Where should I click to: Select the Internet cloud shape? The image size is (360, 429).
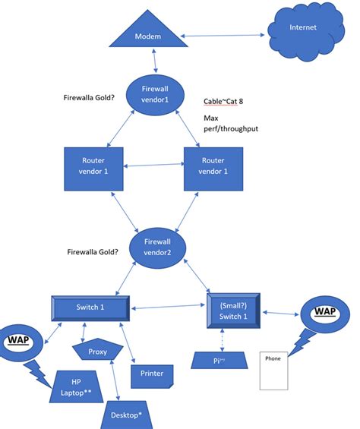click(303, 31)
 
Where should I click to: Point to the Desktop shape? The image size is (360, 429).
click(129, 415)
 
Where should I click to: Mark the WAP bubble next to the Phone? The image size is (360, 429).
click(325, 313)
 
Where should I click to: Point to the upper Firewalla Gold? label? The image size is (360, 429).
click(94, 97)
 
